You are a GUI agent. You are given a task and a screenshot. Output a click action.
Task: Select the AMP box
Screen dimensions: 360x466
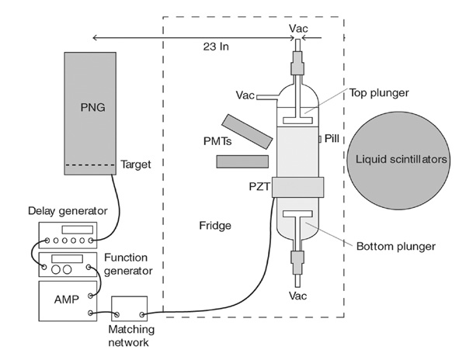pyautogui.click(x=69, y=299)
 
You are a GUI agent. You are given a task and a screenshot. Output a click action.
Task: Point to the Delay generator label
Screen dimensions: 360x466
pyautogui.click(x=63, y=211)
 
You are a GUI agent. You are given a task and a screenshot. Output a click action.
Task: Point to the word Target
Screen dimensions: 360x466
pyautogui.click(x=136, y=165)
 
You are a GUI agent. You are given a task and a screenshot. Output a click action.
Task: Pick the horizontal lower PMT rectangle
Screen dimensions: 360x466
pyautogui.click(x=243, y=161)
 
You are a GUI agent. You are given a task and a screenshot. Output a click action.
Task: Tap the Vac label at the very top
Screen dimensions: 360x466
pyautogui.click(x=298, y=28)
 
